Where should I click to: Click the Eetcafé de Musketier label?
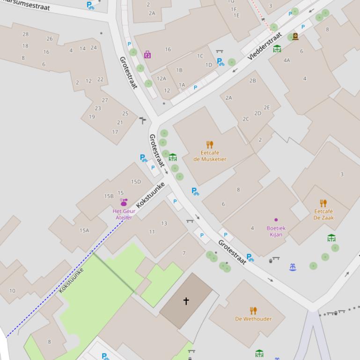[210, 156]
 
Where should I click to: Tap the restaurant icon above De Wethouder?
[253, 310]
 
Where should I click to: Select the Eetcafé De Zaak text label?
[323, 215]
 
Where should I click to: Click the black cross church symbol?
[186, 301]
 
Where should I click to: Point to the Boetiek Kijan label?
[276, 231]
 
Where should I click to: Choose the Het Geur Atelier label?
[124, 214]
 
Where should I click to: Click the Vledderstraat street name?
[264, 45]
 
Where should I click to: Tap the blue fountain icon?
[293, 267]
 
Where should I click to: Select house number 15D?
[136, 182]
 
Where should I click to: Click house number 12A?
[162, 79]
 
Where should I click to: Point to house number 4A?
[287, 60]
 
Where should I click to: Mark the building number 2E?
[267, 108]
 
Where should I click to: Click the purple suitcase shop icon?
[147, 55]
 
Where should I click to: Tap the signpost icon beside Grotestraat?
[143, 121]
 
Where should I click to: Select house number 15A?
[84, 230]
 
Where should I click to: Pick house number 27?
[105, 100]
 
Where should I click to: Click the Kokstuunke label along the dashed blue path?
[71, 280]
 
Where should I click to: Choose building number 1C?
[200, 56]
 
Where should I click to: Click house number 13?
[164, 223]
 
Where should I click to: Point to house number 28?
[25, 34]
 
